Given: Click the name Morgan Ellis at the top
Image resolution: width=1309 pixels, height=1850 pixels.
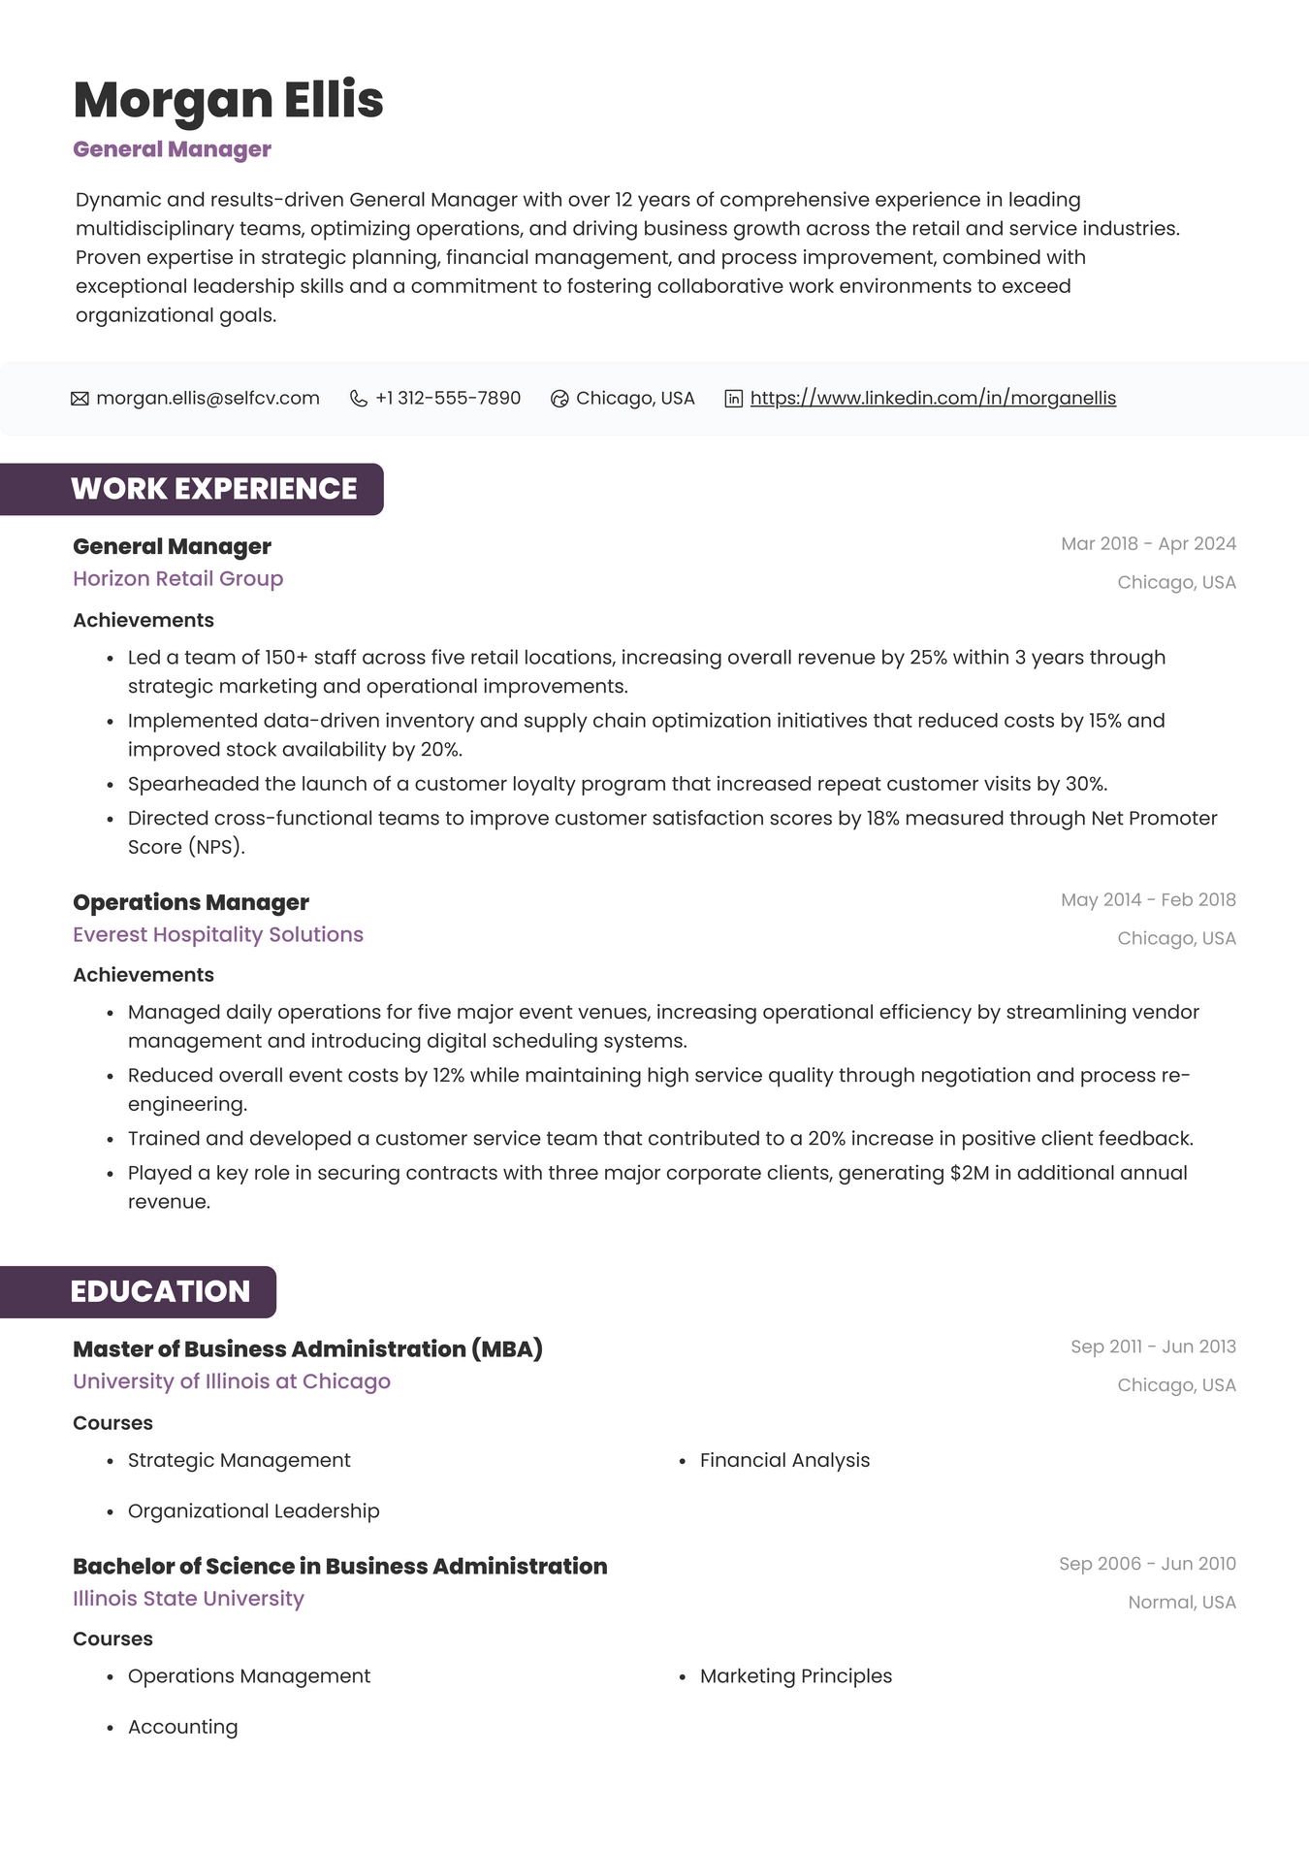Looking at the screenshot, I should pos(228,100).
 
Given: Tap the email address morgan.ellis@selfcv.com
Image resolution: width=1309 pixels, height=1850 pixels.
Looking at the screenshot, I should pos(208,399).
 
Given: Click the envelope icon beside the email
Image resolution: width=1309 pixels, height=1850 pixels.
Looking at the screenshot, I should pos(80,399).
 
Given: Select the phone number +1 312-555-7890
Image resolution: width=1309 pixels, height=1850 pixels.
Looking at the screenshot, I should pos(448,399).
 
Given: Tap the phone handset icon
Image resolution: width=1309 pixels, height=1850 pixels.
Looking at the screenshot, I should pos(358,399).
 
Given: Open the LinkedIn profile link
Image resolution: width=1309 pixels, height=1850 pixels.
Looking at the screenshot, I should pos(933,399).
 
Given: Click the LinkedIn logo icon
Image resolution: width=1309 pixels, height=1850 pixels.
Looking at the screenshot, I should pos(734,399).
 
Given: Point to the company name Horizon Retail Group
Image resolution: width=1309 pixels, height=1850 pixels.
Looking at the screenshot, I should pos(178,579).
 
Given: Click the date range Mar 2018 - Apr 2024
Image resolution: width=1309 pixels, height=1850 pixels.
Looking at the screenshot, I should pos(1148,544).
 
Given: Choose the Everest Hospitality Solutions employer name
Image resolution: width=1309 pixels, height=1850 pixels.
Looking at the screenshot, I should pos(218,935).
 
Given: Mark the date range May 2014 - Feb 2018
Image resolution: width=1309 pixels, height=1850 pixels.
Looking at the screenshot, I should pos(1148,900).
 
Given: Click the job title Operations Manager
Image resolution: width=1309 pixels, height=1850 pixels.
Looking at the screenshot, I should pos(191,903).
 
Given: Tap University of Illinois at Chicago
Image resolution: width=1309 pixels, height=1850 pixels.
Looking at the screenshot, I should pos(232,1381).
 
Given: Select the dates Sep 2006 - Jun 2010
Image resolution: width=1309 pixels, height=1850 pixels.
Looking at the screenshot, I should pos(1147,1564).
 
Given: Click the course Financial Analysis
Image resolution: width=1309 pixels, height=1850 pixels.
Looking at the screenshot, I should pos(784,1461).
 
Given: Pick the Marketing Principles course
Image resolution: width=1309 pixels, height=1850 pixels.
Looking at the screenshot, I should pos(795,1676).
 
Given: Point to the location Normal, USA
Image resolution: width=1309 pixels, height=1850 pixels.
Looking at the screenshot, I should pos(1181,1603).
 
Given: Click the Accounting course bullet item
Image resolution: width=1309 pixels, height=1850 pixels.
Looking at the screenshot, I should pos(182,1728).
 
